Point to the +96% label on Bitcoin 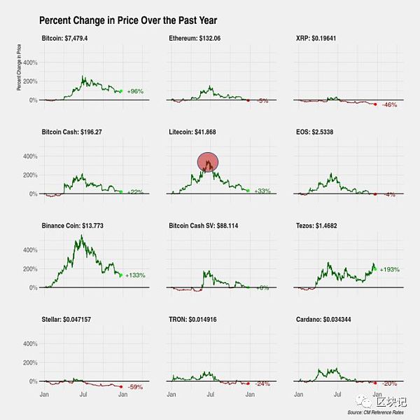(x=135, y=91)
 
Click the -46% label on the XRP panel (x=391, y=105)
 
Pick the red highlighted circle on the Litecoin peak (x=208, y=162)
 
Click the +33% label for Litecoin (x=262, y=191)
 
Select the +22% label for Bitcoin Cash (x=135, y=192)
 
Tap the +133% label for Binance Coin (x=135, y=276)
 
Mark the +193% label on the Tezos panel (x=390, y=269)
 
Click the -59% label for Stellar (x=135, y=387)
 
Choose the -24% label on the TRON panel (x=262, y=384)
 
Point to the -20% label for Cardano (x=390, y=384)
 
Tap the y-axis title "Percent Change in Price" (x=20, y=67)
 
